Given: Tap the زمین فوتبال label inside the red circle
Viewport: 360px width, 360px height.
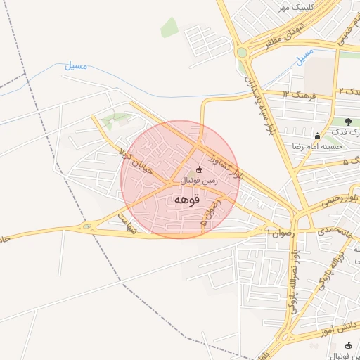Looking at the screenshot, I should [200, 181].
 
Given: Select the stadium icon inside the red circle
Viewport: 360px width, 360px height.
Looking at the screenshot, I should [198, 169].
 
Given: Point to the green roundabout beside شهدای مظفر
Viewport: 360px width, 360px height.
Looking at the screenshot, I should [242, 52].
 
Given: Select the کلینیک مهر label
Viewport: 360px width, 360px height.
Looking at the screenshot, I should [294, 7].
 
